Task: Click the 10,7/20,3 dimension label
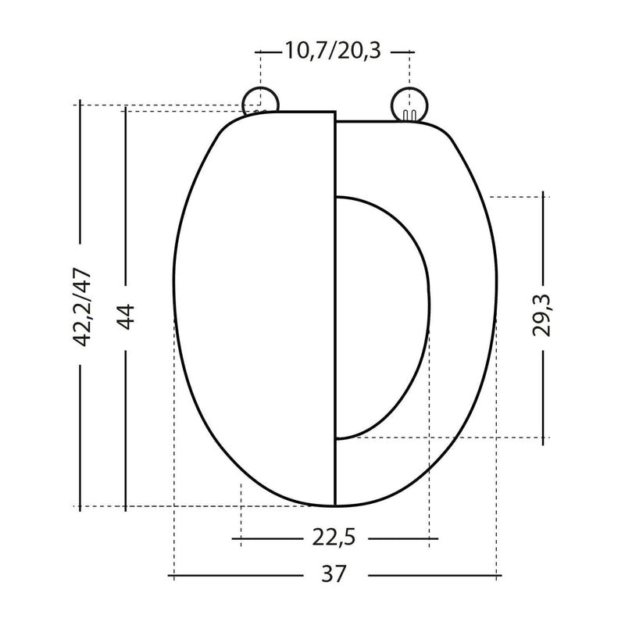(x=333, y=51)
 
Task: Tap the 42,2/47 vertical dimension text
(x=83, y=307)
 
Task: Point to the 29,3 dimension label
(x=541, y=316)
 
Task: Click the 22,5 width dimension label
(x=334, y=537)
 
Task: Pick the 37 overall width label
(x=334, y=574)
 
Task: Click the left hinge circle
(x=261, y=102)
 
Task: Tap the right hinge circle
(x=409, y=105)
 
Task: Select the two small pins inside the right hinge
(x=409, y=115)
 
